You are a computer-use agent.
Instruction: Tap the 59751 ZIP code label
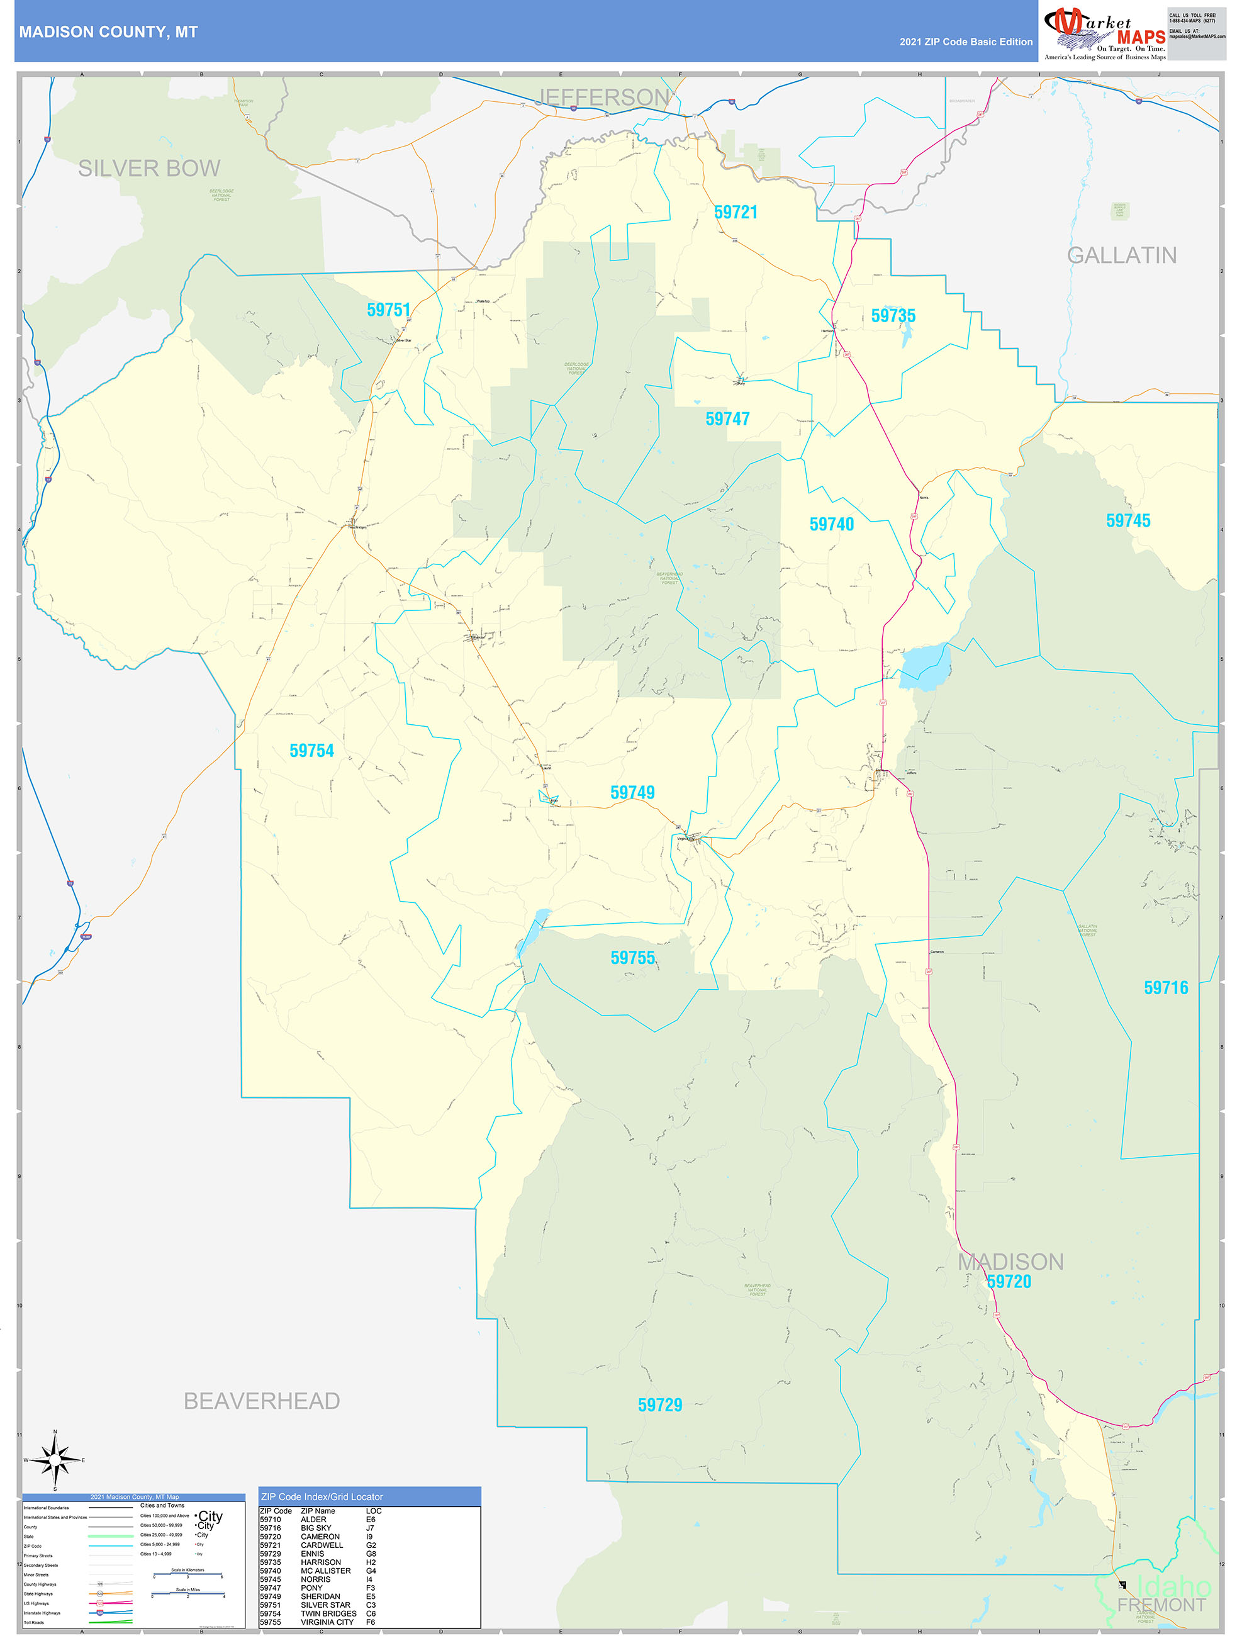388,310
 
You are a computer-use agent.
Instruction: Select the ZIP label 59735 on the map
893,317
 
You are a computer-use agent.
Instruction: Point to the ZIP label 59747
727,419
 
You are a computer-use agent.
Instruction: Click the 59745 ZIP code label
1128,520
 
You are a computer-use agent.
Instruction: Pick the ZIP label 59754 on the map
311,751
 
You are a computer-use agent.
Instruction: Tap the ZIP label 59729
660,1404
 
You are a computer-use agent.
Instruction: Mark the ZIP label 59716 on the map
1166,987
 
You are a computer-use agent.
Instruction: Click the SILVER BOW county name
149,169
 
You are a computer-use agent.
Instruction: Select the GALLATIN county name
1121,255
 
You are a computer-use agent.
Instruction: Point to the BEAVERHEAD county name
262,1401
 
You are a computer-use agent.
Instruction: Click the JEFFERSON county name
603,97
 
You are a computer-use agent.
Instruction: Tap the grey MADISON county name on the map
1010,1262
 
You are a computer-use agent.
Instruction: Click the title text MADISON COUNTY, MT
109,33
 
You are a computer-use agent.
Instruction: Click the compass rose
55,1460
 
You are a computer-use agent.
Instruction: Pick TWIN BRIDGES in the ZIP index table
328,1613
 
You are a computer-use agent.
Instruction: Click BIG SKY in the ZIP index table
316,1528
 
